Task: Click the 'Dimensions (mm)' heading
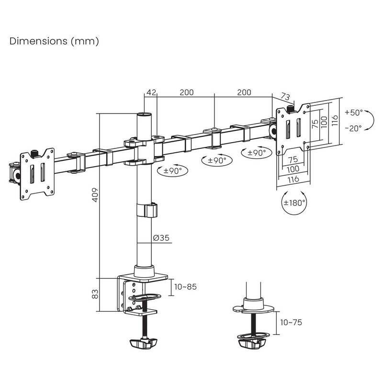click(x=54, y=41)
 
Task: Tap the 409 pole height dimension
click(x=95, y=195)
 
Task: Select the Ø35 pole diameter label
click(x=161, y=237)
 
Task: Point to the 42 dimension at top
click(x=151, y=92)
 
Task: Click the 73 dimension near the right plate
click(x=285, y=96)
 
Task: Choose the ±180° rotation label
click(x=294, y=203)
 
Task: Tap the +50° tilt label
click(x=354, y=113)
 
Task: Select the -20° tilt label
click(x=353, y=128)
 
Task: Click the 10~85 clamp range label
click(x=185, y=287)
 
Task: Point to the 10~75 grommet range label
click(x=291, y=322)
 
